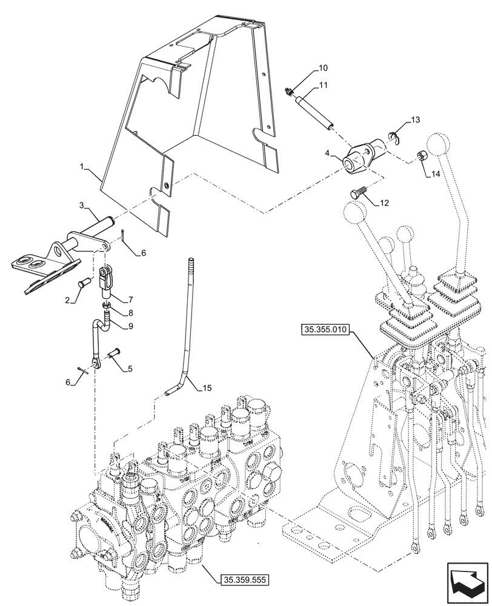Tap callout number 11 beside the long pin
tap(323, 85)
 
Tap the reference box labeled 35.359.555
tap(241, 579)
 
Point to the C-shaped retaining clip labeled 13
tap(391, 138)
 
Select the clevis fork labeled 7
tap(105, 279)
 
